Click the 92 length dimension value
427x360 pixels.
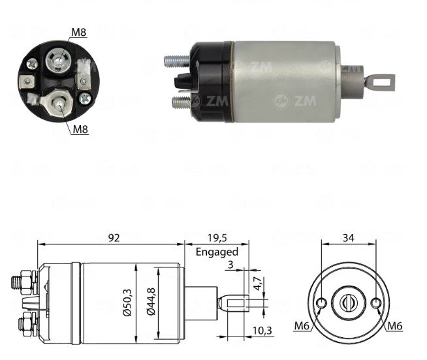114,238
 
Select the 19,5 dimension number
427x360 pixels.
217,238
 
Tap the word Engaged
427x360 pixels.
217,252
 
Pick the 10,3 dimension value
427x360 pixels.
262,331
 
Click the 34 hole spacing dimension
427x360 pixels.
348,238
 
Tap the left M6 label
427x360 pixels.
302,325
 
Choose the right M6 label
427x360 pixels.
394,325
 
